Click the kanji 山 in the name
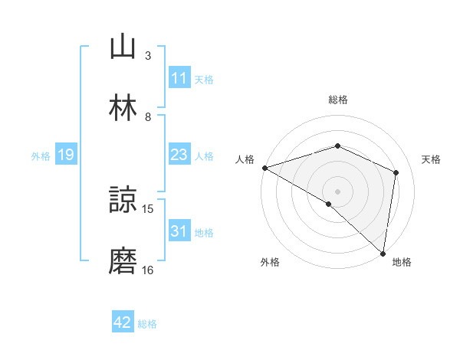[123, 47]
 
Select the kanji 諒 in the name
[123, 201]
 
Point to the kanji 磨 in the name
[123, 261]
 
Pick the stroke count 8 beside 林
[148, 116]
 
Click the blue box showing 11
[179, 78]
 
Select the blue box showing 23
[179, 155]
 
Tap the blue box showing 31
[179, 232]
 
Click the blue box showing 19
[66, 155]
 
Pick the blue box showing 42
[123, 323]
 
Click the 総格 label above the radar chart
[337, 100]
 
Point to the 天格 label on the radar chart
[431, 159]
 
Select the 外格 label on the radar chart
[270, 262]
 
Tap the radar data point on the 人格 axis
[264, 168]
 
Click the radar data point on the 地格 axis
[383, 252]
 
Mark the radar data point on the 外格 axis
[329, 204]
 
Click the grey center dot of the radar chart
[337, 191]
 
